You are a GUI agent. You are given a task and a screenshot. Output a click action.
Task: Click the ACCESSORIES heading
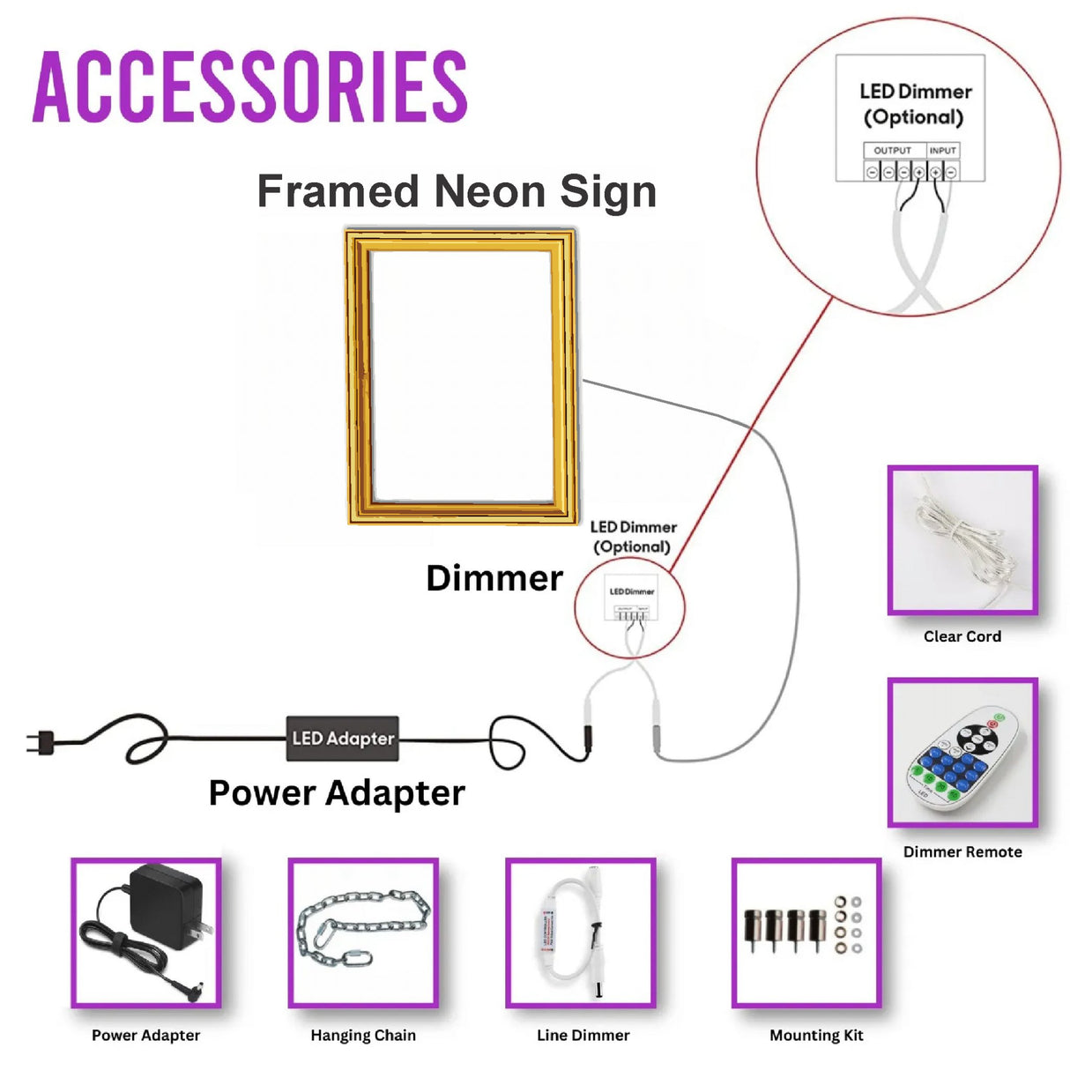coord(250,86)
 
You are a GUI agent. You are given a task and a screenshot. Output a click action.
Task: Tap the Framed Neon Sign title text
coord(457,191)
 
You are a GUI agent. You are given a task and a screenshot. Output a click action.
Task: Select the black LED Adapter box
coord(343,739)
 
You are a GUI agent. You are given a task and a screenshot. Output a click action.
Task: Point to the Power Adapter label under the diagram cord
coord(337,793)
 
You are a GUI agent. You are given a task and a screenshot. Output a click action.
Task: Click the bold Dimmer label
coord(494,578)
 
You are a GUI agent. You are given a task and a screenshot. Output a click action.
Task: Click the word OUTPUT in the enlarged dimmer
coord(892,151)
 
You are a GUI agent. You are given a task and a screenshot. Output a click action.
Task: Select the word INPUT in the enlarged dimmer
coord(942,151)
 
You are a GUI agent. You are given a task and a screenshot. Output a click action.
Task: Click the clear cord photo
coord(962,540)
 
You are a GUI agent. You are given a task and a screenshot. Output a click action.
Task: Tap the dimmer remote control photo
coord(962,753)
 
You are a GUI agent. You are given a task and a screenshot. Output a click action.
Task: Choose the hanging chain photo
coord(363,933)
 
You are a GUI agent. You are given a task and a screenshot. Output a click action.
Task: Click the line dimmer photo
coord(581,933)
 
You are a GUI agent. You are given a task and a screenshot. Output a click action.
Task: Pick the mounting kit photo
coord(806,933)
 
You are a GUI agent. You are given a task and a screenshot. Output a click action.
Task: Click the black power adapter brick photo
coord(146,933)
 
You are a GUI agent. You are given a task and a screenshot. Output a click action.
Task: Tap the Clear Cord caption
coord(962,636)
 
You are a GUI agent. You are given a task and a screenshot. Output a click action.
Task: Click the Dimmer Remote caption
coord(962,852)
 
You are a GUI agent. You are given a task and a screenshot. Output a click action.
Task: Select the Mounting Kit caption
coord(816,1036)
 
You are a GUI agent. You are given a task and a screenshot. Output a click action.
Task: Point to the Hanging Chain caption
coord(363,1036)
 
